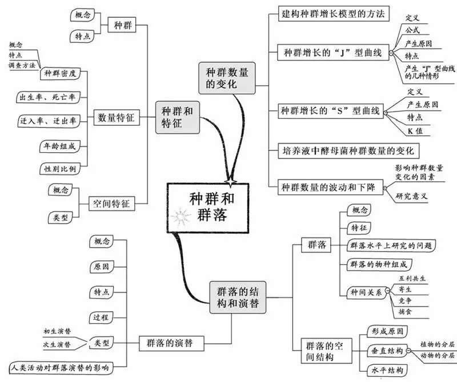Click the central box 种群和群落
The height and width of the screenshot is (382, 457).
click(208, 208)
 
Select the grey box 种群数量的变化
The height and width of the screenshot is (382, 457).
click(227, 78)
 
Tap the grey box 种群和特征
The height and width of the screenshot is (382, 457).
click(177, 117)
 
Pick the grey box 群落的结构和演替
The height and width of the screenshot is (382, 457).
click(238, 297)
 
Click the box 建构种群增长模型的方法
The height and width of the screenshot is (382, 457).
click(334, 14)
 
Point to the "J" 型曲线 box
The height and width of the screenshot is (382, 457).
click(333, 53)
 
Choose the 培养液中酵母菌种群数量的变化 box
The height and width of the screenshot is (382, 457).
click(348, 151)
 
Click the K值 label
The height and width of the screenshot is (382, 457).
click(415, 131)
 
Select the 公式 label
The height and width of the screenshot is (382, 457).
click(412, 30)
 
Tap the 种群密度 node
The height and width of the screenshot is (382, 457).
click(60, 73)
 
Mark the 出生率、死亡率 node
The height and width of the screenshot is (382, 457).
click(48, 97)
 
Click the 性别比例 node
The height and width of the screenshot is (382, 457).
click(60, 169)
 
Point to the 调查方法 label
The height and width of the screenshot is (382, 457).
click(22, 65)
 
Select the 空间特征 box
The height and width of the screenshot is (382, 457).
click(111, 204)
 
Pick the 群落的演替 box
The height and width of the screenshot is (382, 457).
click(171, 343)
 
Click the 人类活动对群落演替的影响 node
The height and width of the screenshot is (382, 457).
click(61, 368)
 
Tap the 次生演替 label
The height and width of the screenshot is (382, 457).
click(57, 344)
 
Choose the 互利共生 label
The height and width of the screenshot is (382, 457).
click(412, 278)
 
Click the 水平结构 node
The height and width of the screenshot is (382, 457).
click(387, 371)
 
